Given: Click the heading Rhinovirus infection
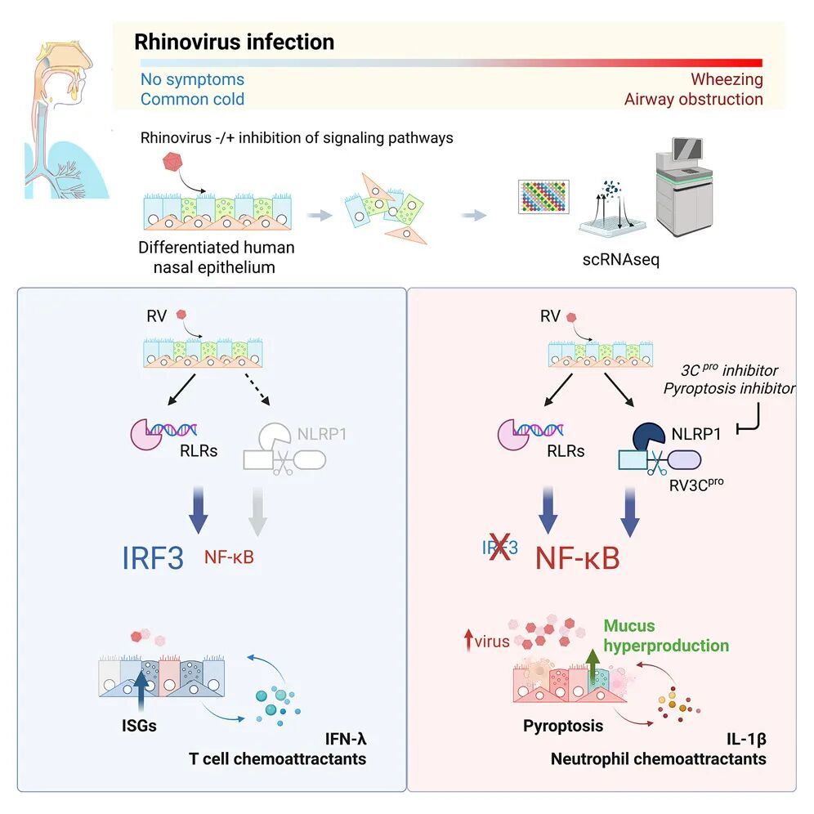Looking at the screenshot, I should (x=234, y=42).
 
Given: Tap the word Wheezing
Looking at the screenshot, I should (x=727, y=80).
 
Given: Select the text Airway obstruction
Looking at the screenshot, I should (x=693, y=100).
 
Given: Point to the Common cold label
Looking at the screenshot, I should (x=192, y=100).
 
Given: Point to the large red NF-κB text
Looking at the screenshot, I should (x=577, y=557).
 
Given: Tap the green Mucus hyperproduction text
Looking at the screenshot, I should (x=665, y=636).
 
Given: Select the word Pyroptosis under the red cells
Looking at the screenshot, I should (x=563, y=726).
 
